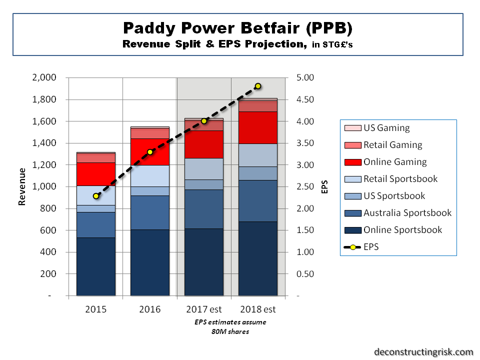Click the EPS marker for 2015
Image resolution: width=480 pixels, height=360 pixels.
click(x=96, y=196)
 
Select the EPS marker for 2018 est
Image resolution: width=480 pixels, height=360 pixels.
click(x=258, y=86)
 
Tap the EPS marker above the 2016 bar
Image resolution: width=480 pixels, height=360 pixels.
click(x=150, y=152)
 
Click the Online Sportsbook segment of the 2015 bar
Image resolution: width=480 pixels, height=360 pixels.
click(x=96, y=266)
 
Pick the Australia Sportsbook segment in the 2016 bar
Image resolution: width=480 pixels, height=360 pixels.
click(x=150, y=212)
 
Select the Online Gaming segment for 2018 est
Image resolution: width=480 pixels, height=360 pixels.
click(x=258, y=127)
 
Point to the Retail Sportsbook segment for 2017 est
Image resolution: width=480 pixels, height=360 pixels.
click(x=204, y=169)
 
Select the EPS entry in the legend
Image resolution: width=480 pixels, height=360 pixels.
click(x=371, y=247)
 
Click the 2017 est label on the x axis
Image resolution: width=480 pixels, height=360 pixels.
click(x=204, y=309)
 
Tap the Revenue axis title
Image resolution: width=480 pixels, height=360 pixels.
click(x=22, y=186)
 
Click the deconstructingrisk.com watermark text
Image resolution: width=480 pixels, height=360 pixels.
click(x=423, y=351)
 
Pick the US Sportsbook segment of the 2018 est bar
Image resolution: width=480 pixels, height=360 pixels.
click(x=258, y=173)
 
